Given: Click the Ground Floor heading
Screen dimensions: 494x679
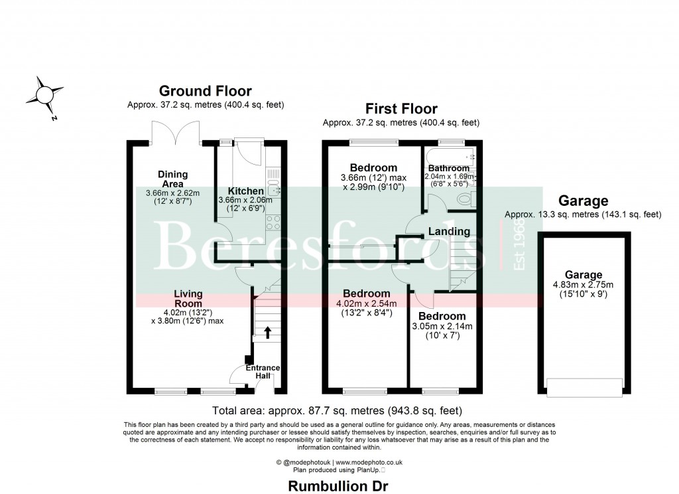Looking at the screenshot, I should [x=205, y=92].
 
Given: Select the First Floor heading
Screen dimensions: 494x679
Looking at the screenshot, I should [x=401, y=109].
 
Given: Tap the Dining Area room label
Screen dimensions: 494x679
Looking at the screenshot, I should [x=172, y=179].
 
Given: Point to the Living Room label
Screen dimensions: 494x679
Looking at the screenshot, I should [x=188, y=298].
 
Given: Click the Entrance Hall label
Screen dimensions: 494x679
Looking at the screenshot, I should [x=263, y=372].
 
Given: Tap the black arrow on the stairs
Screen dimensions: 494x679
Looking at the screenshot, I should [x=267, y=332].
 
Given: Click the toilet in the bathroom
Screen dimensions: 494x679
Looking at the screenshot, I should [x=466, y=198].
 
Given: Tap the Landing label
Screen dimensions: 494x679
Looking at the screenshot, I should [x=449, y=232].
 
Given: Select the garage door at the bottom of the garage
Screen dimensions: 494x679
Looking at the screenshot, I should [x=584, y=385].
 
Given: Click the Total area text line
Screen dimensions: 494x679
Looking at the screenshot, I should [x=337, y=410].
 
